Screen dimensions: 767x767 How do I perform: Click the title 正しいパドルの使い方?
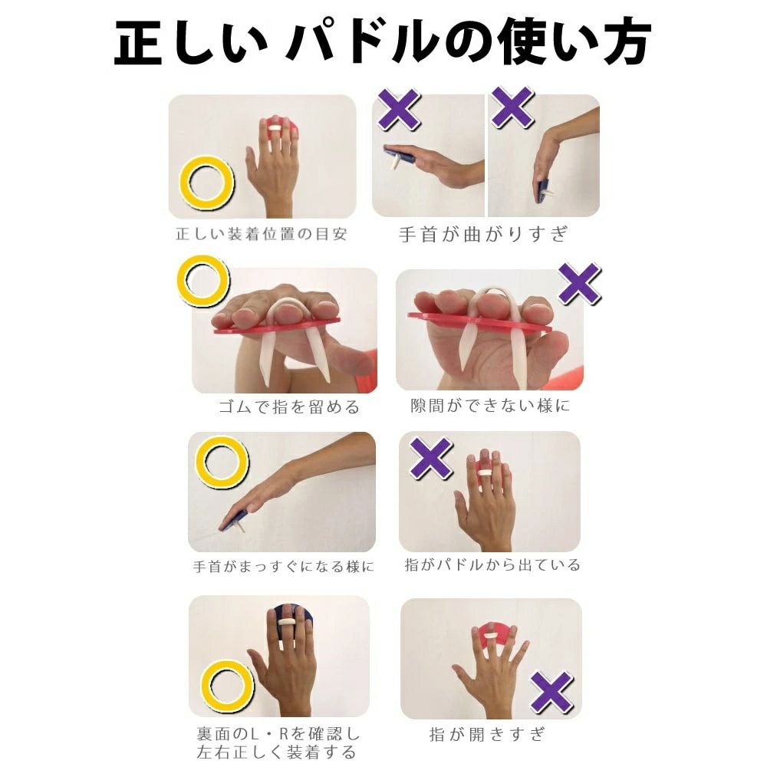coord(383,42)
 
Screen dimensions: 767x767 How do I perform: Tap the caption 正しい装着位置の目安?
coord(262,234)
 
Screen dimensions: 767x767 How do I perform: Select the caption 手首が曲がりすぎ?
coord(484,234)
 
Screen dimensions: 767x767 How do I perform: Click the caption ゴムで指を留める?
coord(288,407)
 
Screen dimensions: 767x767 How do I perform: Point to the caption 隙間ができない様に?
coord(489,406)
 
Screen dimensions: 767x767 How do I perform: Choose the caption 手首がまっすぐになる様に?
coord(284,567)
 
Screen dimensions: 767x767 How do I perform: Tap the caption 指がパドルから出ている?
coord(492,565)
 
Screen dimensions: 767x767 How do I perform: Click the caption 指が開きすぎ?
coord(487,734)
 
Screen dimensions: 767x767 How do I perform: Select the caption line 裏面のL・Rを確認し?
coord(278,734)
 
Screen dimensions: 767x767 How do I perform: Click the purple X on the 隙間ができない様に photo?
coord(579,283)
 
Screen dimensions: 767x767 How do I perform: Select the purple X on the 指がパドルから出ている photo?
coord(430,459)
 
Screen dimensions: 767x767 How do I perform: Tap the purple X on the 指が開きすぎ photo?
coord(551,691)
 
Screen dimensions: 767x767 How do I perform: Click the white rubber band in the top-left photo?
coord(276,129)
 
